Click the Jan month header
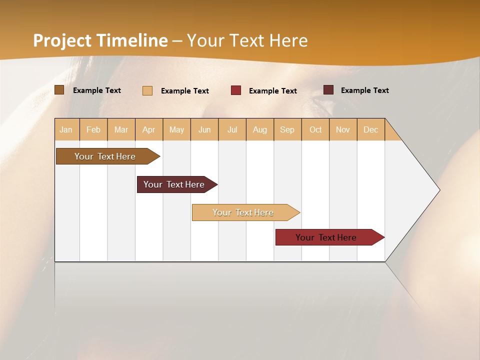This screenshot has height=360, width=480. pyautogui.click(x=66, y=129)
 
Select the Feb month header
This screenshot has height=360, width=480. pyautogui.click(x=93, y=129)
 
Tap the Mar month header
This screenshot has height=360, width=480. pyautogui.click(x=121, y=129)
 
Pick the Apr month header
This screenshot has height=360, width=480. pyautogui.click(x=149, y=129)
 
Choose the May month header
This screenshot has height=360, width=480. pyautogui.click(x=176, y=129)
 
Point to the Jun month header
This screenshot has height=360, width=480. pyautogui.click(x=204, y=129)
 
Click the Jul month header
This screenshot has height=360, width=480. pyautogui.click(x=232, y=129)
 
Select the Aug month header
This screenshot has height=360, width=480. pyautogui.click(x=260, y=129)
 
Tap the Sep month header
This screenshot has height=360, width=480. pyautogui.click(x=287, y=129)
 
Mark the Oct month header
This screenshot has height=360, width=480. pyautogui.click(x=315, y=129)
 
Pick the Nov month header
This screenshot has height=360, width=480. pyautogui.click(x=343, y=129)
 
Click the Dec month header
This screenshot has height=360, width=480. pyautogui.click(x=371, y=129)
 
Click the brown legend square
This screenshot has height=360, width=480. pyautogui.click(x=59, y=90)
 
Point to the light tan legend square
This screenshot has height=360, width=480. pyautogui.click(x=147, y=90)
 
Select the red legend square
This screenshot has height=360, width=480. pyautogui.click(x=236, y=90)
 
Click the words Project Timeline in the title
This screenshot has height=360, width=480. pyautogui.click(x=100, y=40)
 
